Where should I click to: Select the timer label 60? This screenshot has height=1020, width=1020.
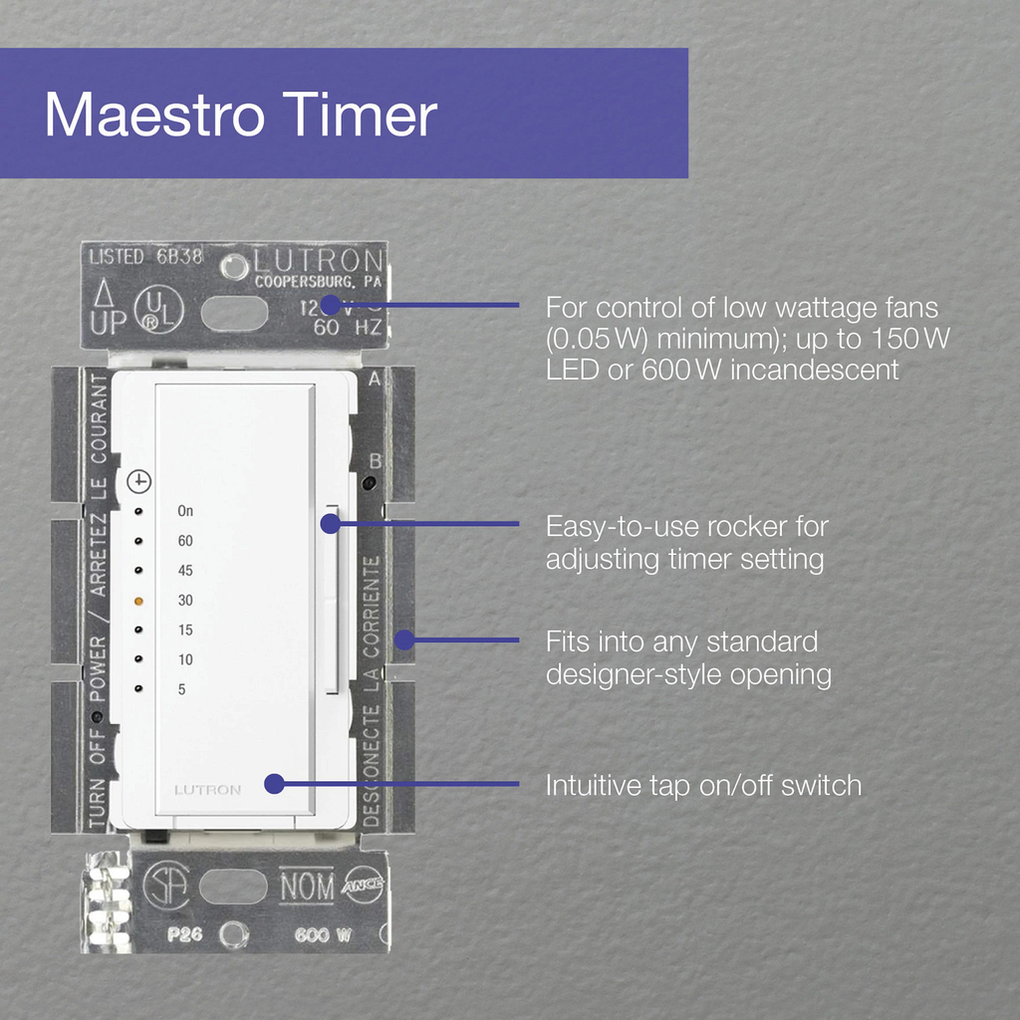point(185,541)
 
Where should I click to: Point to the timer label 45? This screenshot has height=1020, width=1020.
point(185,571)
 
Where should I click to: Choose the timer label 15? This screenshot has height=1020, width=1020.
point(185,631)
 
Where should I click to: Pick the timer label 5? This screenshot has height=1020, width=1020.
point(181,689)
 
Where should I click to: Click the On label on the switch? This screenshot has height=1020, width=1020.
point(185,511)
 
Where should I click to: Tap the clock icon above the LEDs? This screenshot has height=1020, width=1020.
point(141,480)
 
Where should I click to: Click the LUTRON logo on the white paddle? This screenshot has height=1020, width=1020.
point(207,790)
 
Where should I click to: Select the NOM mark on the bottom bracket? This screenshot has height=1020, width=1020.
point(306,885)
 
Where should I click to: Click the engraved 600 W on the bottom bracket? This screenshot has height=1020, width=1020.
point(323,935)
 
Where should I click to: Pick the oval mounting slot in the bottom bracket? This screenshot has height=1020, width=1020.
point(233,885)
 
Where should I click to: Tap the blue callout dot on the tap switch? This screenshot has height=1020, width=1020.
point(275,785)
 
